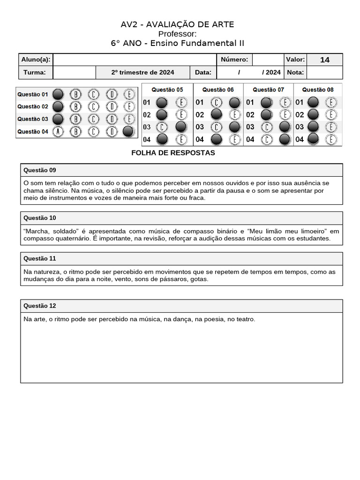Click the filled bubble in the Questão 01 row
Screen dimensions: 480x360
(58, 94)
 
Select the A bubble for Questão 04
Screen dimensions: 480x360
(58, 132)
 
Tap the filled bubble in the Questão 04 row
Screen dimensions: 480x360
(128, 132)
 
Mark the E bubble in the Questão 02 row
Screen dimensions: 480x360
(128, 106)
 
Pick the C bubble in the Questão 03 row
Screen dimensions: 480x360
(93, 119)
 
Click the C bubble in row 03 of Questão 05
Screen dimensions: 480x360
(161, 127)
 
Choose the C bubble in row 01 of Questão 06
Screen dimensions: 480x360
(216, 102)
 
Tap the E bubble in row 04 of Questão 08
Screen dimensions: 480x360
(331, 139)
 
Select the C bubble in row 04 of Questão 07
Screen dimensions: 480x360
(267, 139)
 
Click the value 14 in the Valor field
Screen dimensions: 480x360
(324, 60)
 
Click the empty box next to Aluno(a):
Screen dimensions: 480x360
(134, 60)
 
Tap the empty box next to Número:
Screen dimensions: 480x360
(267, 60)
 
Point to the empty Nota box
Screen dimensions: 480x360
(324, 72)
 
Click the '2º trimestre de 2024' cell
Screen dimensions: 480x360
(142, 72)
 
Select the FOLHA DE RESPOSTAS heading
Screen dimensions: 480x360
(173, 153)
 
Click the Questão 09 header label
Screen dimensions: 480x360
(40, 170)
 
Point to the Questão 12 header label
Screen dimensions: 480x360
(40, 306)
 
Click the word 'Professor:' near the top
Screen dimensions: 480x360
(177, 34)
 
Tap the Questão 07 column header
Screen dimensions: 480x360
(268, 90)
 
